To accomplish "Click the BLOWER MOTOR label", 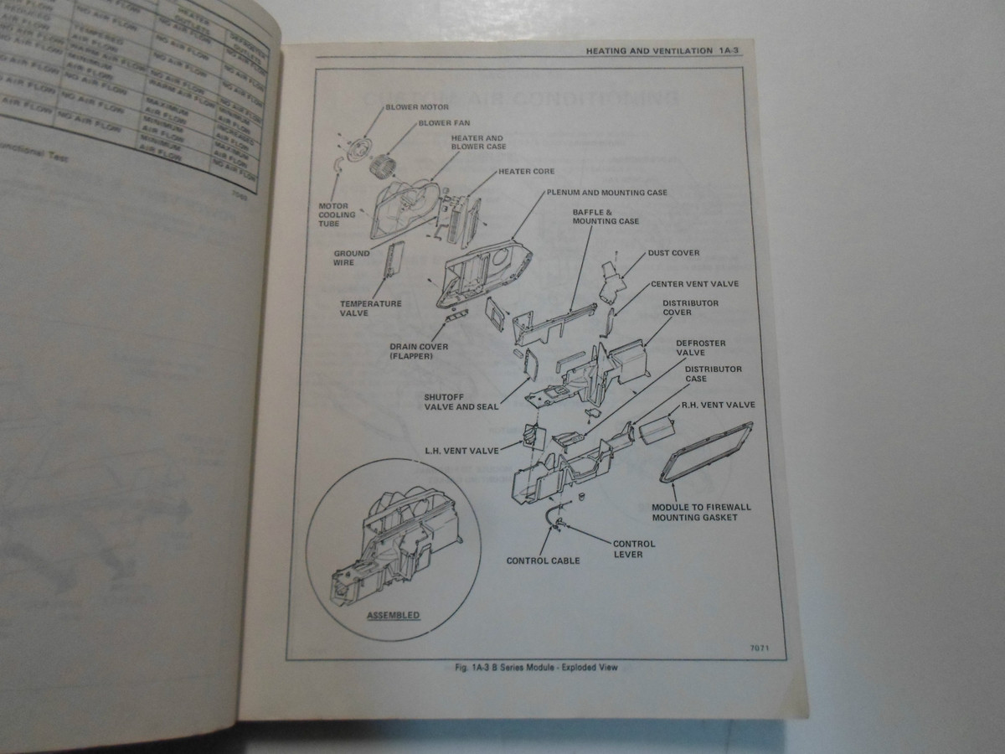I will point(417,107).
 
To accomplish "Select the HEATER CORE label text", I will point(526,171).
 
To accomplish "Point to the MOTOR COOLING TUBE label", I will point(337,214).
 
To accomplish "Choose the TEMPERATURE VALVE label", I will point(370,308).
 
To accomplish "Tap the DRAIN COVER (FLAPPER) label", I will point(419,352).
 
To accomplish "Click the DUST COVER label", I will point(673,252).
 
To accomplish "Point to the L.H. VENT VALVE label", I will point(461,451).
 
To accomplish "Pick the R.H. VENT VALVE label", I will point(718,405).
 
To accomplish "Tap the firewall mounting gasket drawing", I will point(707,453).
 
